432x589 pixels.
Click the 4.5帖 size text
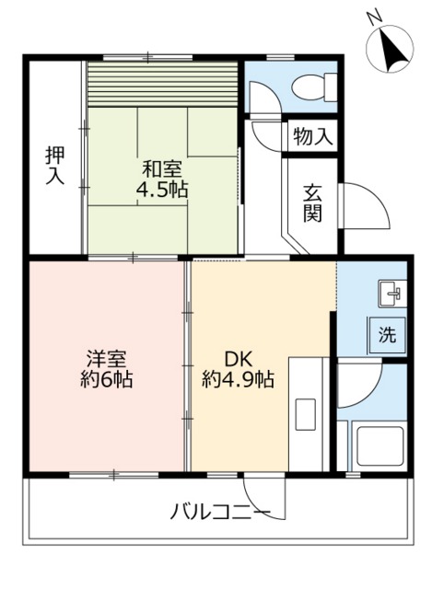(x=164, y=191)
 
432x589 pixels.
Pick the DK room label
(x=238, y=357)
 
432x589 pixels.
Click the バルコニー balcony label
(x=220, y=512)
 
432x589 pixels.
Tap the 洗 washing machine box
(x=387, y=335)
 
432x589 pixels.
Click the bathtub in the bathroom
(x=377, y=448)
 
